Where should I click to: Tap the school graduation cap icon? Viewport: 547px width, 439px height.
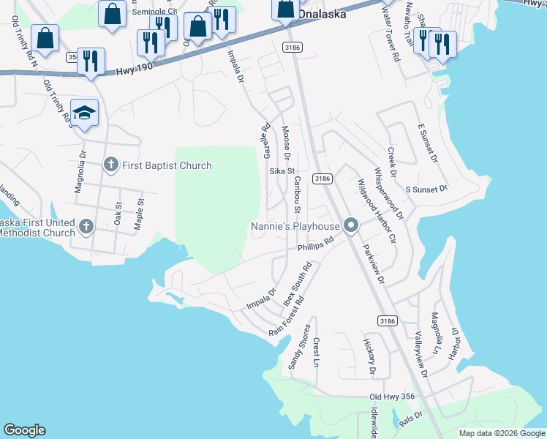[x=84, y=113]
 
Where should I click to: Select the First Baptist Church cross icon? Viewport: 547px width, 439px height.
[x=111, y=165]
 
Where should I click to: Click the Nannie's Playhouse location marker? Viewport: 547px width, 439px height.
[x=351, y=226]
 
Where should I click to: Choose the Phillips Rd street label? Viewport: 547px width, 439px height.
[x=315, y=248]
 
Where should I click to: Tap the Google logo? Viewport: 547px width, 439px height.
[x=24, y=430]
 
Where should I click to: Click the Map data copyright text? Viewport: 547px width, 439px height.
[x=501, y=433]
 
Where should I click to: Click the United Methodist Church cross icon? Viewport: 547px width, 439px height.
[x=86, y=226]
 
